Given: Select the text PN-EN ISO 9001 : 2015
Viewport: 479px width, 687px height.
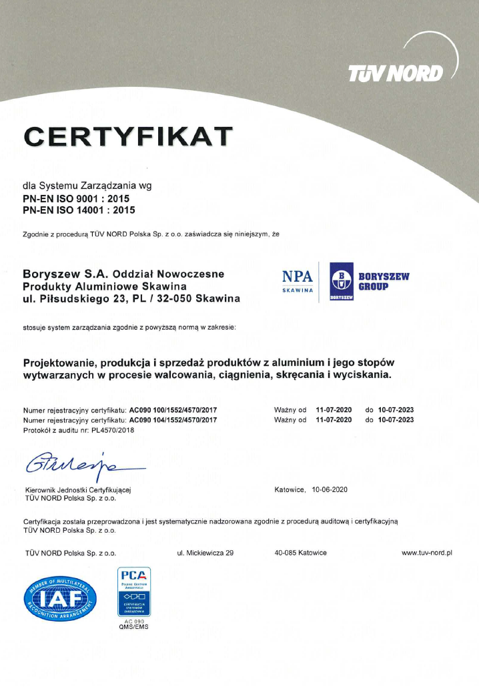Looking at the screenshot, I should click(x=76, y=198).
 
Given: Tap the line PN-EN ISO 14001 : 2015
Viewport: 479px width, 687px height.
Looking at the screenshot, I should click(x=79, y=210).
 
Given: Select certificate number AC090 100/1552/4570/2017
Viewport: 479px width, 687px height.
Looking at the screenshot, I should click(x=173, y=409).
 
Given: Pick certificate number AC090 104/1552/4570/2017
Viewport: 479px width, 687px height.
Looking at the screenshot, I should click(x=173, y=419).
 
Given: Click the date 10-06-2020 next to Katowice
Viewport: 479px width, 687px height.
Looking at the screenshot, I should click(x=328, y=489).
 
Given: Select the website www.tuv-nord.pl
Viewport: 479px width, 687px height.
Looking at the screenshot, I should click(x=427, y=553).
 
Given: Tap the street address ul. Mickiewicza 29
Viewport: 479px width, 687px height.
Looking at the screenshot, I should click(x=205, y=553).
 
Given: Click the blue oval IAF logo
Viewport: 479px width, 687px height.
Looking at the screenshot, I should click(x=61, y=596).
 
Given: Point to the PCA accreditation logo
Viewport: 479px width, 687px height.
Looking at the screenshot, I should click(x=134, y=591).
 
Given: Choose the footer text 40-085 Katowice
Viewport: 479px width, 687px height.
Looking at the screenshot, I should click(x=300, y=553).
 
